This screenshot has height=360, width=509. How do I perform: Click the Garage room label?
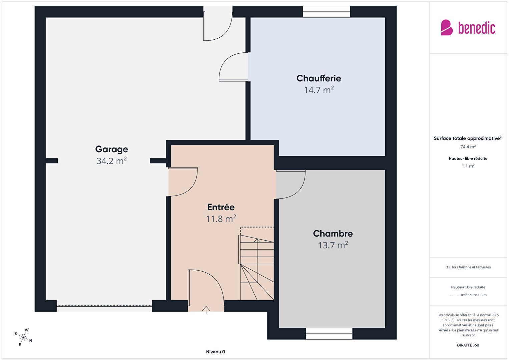(111, 149)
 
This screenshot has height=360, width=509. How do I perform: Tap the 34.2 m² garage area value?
(111, 161)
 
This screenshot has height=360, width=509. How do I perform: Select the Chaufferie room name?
(319, 78)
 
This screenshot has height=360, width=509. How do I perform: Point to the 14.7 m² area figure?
(319, 90)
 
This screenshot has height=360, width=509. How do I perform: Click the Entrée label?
(221, 207)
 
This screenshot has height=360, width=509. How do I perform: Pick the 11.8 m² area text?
(221, 219)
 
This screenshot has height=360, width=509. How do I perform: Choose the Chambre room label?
(333, 234)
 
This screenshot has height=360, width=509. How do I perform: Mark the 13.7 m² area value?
(333, 245)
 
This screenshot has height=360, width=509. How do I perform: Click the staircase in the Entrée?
(256, 264)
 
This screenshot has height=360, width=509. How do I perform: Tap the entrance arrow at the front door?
(206, 310)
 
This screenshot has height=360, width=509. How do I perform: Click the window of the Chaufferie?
(327, 12)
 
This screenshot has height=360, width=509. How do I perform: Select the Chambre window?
(329, 334)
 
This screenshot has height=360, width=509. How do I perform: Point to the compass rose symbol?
(23, 337)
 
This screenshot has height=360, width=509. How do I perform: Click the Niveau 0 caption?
(215, 352)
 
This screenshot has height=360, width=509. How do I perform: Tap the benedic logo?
(468, 27)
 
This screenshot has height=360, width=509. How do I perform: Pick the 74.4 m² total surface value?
(468, 147)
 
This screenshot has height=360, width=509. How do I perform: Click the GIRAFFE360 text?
(468, 345)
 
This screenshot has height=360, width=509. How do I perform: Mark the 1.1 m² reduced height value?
(468, 166)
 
